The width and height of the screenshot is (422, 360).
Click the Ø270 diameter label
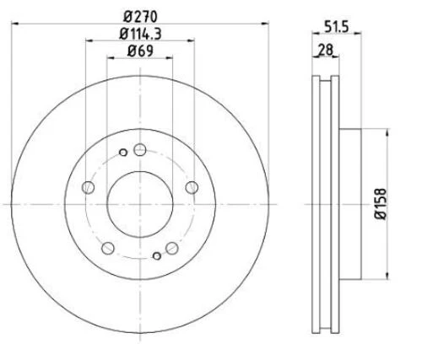tap(140, 16)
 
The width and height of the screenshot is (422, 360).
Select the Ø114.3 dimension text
tap(140, 34)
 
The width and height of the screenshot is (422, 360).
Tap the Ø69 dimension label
tap(140, 51)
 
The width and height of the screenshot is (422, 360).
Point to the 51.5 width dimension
tap(337, 27)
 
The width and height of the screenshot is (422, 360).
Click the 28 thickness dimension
tap(325, 50)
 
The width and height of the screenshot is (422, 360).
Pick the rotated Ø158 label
tap(381, 204)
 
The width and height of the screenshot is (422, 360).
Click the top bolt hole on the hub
tap(140, 149)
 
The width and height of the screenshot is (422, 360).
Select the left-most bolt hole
tap(88, 187)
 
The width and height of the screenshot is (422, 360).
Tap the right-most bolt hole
tap(192, 187)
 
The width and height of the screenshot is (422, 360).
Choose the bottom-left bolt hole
tap(108, 248)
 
